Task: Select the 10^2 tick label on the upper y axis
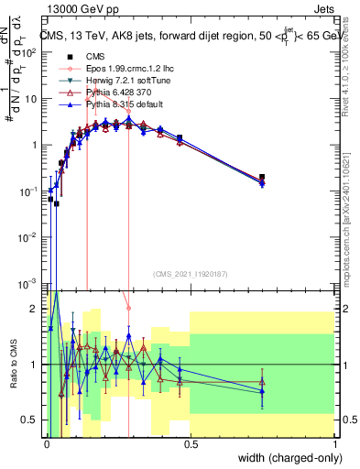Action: tap(29, 52)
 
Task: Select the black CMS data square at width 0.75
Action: tap(262, 177)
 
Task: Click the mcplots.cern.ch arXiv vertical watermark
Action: tap(353, 220)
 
